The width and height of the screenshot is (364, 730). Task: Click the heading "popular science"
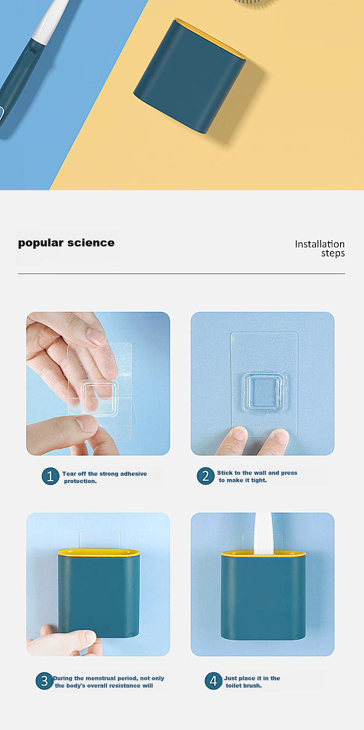coord(66,243)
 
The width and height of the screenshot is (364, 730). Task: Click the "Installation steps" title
coord(320,249)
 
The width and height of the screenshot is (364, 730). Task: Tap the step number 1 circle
coord(50,476)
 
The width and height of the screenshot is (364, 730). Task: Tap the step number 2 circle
coord(205,476)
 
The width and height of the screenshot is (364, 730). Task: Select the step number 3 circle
coord(44,681)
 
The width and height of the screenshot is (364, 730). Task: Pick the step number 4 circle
coord(213,681)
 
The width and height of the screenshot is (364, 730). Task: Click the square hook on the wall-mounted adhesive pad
coord(264,391)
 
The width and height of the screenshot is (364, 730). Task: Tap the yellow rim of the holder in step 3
coord(99,552)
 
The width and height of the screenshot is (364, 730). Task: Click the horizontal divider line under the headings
coord(182,274)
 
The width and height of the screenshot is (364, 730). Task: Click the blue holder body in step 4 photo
coord(263,596)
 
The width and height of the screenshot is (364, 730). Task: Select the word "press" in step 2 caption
coord(289,473)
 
